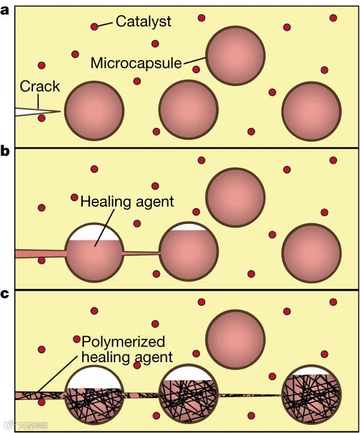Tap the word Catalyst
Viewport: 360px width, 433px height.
tap(143, 22)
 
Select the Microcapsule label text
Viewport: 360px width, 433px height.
tap(136, 62)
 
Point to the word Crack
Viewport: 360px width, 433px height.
tap(40, 86)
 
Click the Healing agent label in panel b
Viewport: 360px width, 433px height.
tap(127, 201)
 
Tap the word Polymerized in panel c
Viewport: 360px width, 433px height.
tap(123, 342)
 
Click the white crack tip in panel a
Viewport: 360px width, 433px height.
tap(36, 112)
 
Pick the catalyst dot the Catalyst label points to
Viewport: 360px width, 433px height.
tap(94, 26)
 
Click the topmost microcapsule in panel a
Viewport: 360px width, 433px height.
tap(235, 55)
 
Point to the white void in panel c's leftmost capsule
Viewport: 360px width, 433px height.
tap(94, 378)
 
